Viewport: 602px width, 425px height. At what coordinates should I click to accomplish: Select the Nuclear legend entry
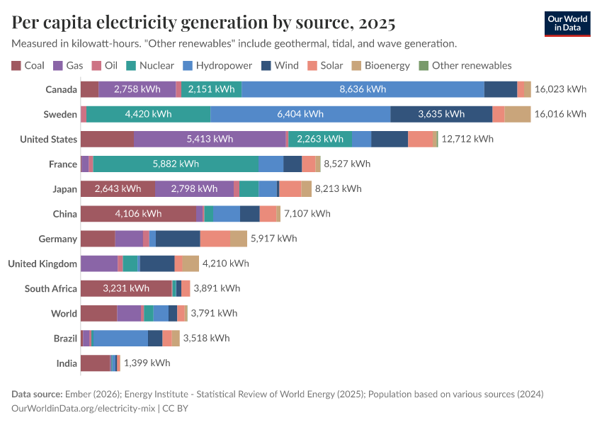coord(150,65)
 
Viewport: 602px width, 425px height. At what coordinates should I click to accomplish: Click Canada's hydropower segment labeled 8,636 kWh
coord(363,89)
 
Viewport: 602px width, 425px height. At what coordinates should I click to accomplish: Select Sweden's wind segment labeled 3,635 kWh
coord(441,114)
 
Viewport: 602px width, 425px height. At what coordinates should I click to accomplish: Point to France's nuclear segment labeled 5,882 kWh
coord(176,164)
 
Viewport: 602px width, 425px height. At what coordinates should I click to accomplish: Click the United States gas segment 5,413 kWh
coord(210,139)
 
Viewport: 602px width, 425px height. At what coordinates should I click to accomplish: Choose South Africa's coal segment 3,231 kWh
coord(126,288)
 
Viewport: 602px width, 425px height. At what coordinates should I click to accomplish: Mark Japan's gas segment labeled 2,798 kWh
coord(194,189)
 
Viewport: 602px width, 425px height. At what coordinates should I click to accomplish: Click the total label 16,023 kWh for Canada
coord(561,89)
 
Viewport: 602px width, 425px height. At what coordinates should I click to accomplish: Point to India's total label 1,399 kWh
coord(147,363)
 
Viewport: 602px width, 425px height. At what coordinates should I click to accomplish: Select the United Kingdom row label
coord(42,263)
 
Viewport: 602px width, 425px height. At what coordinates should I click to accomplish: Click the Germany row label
coord(58,239)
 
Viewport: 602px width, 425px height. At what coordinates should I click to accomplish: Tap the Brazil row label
coord(65,338)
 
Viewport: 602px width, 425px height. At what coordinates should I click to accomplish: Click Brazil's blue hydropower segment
coord(120,338)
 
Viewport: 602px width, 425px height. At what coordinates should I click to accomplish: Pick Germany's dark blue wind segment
coord(178,239)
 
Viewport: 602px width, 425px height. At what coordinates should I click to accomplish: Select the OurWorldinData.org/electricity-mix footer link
coord(84,408)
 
